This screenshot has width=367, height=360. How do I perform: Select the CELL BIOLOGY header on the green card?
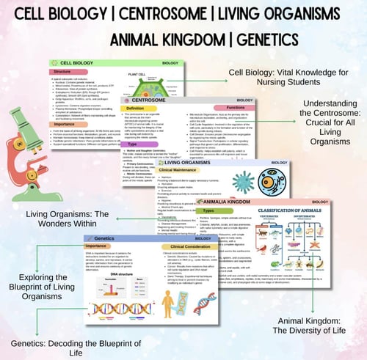(81, 65)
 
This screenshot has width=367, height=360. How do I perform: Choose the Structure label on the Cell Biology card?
(70, 73)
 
